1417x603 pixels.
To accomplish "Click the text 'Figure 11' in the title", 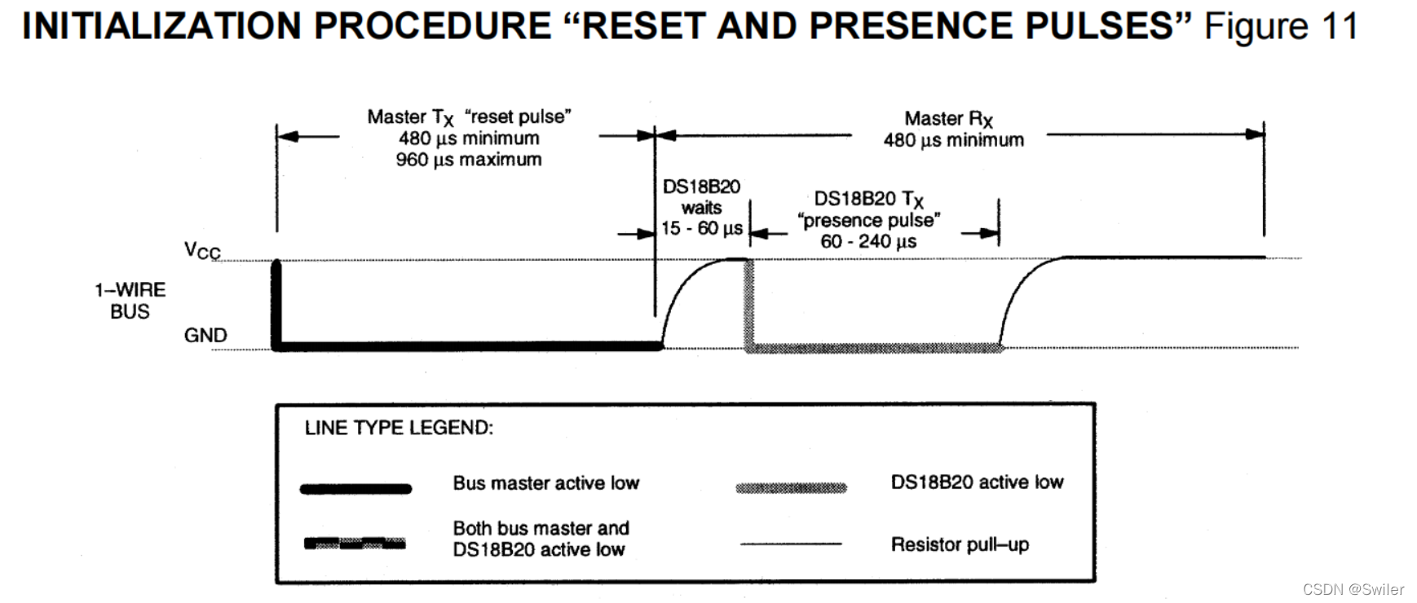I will coord(1281,26).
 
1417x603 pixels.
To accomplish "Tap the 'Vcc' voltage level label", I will coord(202,250).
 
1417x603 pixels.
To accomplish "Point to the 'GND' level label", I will coord(205,335).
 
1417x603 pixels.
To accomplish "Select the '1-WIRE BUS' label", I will coord(130,301).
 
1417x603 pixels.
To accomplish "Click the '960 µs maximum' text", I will coord(469,160).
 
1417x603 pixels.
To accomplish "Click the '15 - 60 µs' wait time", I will coord(701,229).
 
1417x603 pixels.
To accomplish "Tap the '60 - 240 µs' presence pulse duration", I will coord(868,242).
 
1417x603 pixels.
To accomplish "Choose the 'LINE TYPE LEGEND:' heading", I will coord(399,428).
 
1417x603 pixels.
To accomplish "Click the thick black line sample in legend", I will coord(355,489).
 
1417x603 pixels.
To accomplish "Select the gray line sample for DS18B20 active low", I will coord(791,488).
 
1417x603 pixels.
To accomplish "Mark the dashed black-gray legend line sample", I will coord(355,544).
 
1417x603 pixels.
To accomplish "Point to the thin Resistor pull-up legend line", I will coord(791,544).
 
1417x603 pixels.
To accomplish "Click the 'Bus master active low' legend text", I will coord(545,483).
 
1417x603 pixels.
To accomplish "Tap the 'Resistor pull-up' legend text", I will coord(960,544).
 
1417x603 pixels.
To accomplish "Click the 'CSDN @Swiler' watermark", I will coord(1353,589).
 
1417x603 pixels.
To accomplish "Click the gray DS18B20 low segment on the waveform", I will coord(872,348).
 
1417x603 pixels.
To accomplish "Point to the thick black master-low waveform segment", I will coord(469,347).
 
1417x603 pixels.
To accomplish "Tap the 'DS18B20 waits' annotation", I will coord(701,197).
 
